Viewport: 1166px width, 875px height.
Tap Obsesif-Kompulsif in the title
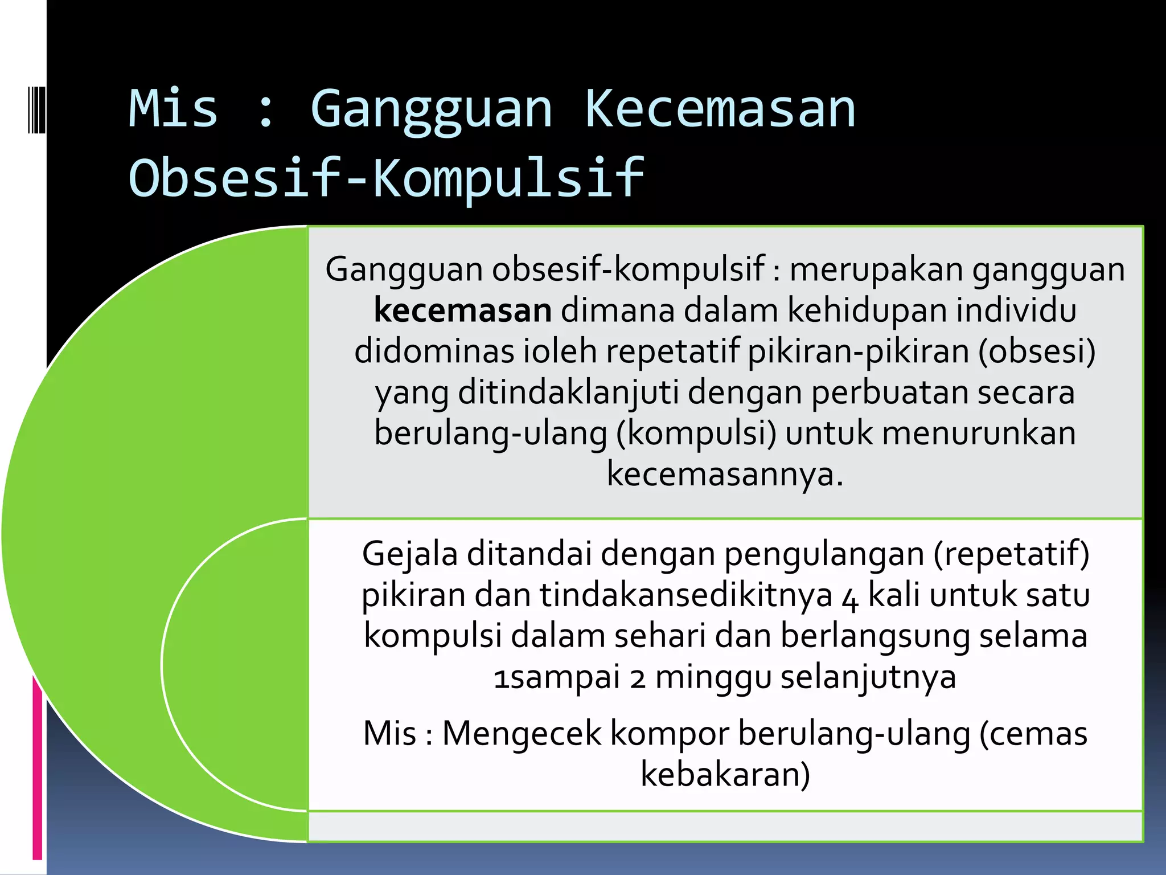click(x=387, y=178)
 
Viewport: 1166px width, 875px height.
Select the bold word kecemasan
click(x=462, y=310)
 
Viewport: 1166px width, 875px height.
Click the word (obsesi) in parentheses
click(x=1037, y=351)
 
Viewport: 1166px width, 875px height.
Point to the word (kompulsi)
click(x=696, y=434)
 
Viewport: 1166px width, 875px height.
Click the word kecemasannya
click(x=725, y=474)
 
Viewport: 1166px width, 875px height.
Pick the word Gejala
click(x=410, y=554)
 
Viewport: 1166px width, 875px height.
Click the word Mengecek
click(x=522, y=733)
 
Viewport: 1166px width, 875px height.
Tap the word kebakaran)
click(x=725, y=774)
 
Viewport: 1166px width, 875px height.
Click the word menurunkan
click(x=979, y=434)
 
